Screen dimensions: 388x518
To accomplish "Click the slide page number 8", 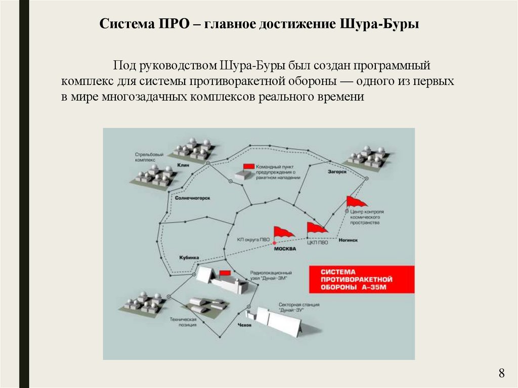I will click(501, 374).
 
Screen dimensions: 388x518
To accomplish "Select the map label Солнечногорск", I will click(192, 199).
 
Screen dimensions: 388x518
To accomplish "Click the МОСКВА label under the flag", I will click(284, 248).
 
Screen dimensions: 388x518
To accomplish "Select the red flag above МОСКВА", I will click(283, 232).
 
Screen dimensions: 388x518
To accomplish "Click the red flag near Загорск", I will click(356, 201).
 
